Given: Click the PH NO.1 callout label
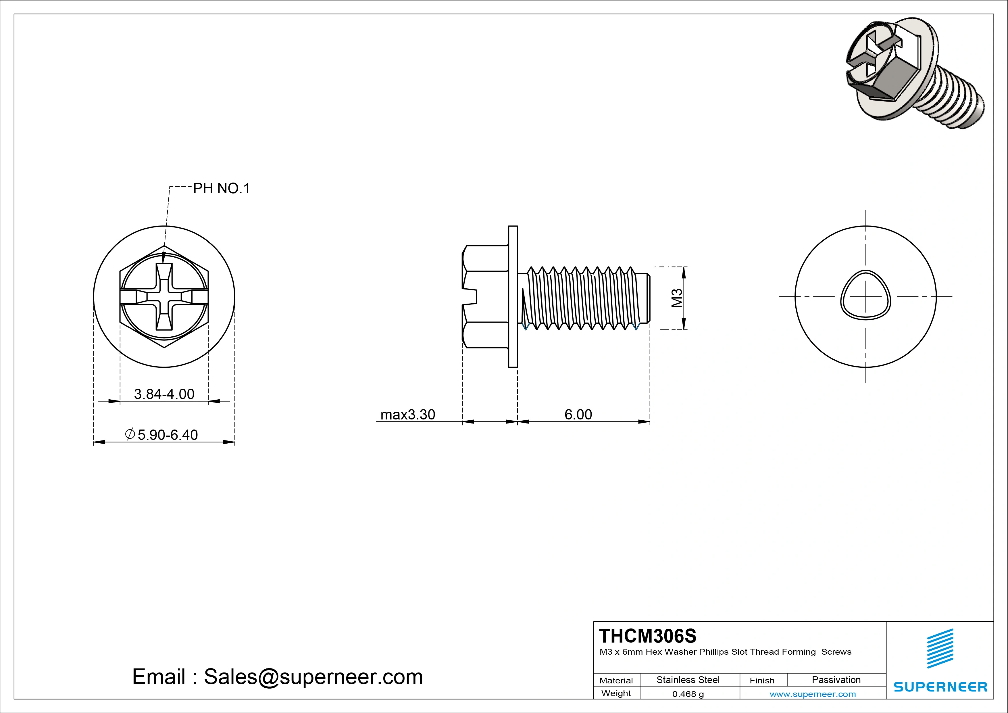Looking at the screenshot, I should click(x=221, y=189).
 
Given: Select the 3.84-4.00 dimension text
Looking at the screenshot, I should click(x=164, y=394).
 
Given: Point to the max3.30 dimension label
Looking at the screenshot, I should click(x=407, y=414).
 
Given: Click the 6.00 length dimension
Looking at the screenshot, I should click(x=578, y=414).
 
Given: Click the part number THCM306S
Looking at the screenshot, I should click(x=648, y=636).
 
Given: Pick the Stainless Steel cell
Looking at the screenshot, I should click(x=688, y=680).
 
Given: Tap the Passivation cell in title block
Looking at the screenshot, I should click(x=836, y=680).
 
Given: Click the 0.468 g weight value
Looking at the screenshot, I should click(x=688, y=694).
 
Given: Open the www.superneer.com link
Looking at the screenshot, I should click(x=813, y=694).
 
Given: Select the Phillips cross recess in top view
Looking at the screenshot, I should click(x=164, y=297).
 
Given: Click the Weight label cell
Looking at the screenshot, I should click(x=616, y=693).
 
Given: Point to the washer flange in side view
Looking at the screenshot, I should click(x=513, y=296).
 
